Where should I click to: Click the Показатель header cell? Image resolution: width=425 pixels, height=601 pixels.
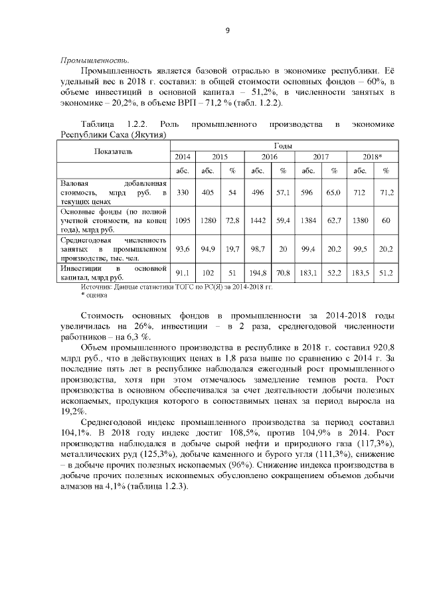pyautogui.click(x=114, y=151)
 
